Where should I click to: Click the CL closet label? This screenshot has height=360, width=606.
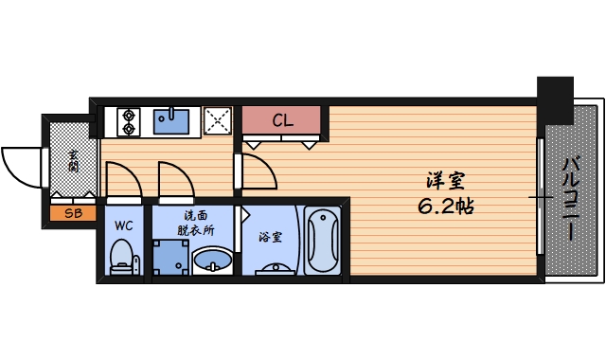[283, 120]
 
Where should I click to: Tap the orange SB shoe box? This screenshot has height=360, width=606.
[73, 213]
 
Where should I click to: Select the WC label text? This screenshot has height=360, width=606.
[123, 226]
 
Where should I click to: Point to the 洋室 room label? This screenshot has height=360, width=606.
[444, 180]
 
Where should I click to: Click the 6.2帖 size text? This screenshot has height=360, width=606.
[446, 205]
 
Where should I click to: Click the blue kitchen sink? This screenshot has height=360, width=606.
[171, 121]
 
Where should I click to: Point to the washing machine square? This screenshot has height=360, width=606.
[170, 257]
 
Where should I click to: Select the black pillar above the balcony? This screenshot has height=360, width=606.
[556, 95]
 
